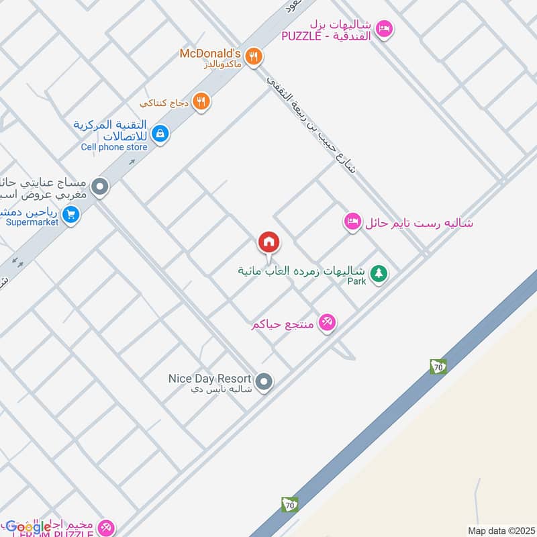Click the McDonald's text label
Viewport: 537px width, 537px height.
coord(209,53)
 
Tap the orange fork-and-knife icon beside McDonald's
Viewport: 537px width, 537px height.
coord(253,57)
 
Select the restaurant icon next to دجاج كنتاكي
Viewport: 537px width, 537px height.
coord(201,102)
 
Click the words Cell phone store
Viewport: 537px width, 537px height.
coord(114,147)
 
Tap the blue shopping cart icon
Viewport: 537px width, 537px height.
coord(70,215)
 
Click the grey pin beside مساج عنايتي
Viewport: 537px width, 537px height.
coord(101,187)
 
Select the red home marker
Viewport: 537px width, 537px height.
coord(268,242)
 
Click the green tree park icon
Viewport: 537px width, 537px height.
coord(379,274)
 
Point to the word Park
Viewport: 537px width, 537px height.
coord(356,281)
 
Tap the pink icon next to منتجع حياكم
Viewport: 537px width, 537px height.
coord(327,323)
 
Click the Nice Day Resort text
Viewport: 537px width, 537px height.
coord(209,378)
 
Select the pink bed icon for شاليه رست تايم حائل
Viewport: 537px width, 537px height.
coord(352,222)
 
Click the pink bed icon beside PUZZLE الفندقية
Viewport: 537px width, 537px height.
coord(384,29)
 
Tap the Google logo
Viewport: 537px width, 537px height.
coord(28,526)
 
